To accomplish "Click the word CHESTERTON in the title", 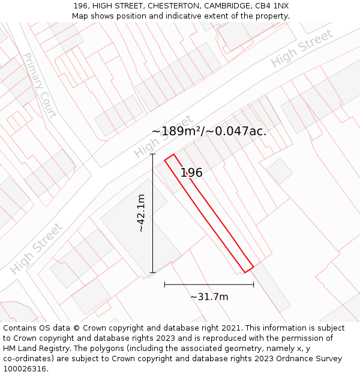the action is coord(170,6).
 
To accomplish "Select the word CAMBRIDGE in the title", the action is coord(224,6).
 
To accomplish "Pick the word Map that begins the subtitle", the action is coord(80,16).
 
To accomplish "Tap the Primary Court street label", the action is coord(39,85).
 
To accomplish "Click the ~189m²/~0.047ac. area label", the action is coord(209,131).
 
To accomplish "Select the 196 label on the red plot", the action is coord(191,173).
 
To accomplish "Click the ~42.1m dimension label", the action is coord(141,213).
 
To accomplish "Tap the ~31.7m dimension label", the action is coord(209,296).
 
